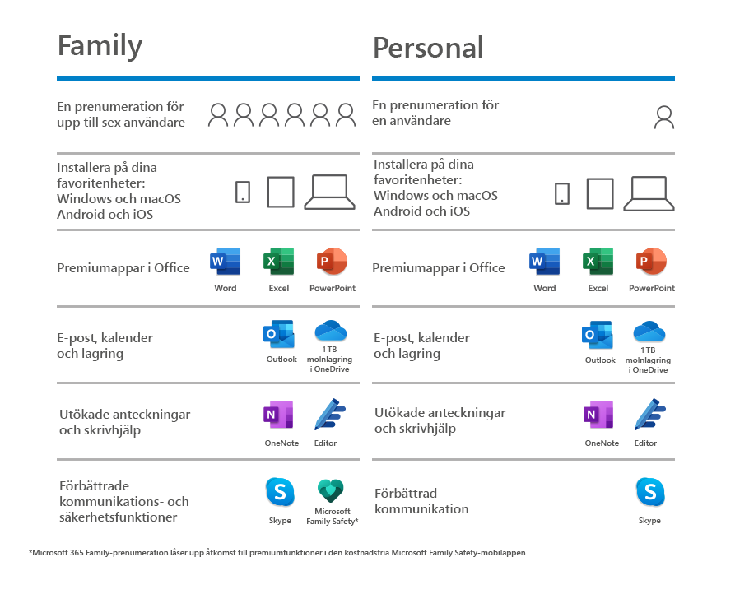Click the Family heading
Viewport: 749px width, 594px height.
[100, 45]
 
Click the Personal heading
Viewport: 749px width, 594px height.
[428, 47]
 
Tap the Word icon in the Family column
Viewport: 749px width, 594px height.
[225, 262]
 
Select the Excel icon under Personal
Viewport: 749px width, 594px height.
[598, 262]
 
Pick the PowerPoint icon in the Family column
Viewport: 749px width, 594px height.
[332, 262]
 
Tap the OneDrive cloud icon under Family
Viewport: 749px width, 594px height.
[329, 332]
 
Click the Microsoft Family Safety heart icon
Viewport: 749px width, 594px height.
[329, 492]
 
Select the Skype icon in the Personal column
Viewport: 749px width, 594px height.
[649, 493]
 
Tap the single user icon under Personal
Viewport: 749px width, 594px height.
[663, 118]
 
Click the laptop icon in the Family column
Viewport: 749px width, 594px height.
[329, 193]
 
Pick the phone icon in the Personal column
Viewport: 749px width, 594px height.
[561, 193]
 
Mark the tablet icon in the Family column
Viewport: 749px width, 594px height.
[281, 193]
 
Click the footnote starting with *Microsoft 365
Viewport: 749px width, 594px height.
[277, 553]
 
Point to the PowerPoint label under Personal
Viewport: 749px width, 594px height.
[651, 289]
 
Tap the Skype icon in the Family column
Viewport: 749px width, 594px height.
[280, 493]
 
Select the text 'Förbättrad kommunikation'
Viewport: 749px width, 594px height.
[421, 501]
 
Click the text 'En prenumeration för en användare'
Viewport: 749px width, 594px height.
[435, 113]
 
